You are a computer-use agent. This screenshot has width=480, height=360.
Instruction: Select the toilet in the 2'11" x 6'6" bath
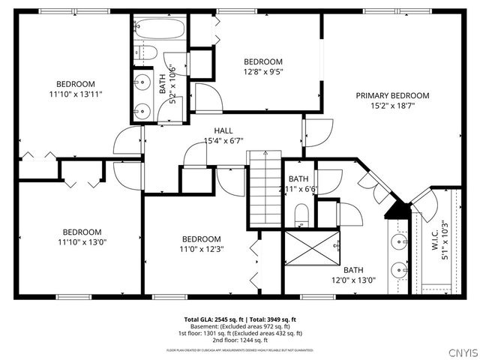click(x=301, y=217)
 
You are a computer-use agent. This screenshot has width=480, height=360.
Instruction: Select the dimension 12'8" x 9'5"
click(x=263, y=72)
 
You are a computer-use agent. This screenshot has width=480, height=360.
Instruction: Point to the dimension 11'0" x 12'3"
click(x=201, y=249)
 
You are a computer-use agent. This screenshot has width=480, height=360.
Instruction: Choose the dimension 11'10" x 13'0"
click(x=82, y=242)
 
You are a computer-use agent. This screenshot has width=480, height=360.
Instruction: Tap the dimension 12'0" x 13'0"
click(x=359, y=280)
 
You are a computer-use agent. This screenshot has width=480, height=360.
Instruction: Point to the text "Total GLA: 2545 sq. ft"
click(x=212, y=319)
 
